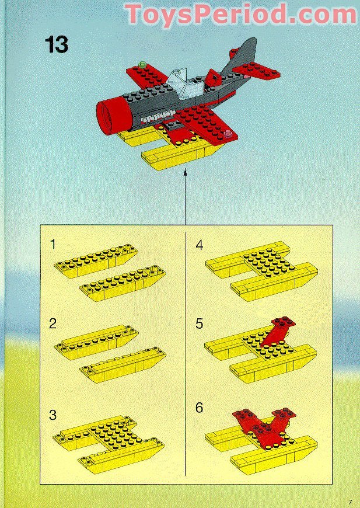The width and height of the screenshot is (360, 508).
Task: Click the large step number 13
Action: click(57, 44)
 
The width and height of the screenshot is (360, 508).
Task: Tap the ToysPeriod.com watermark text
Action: click(241, 15)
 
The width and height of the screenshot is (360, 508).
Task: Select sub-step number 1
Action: click(53, 244)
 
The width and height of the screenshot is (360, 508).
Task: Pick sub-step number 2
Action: click(53, 323)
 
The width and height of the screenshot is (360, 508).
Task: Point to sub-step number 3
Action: click(53, 415)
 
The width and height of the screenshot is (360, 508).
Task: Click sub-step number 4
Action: click(200, 245)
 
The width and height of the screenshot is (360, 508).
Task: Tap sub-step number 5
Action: click(200, 323)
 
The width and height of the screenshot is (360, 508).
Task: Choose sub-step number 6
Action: click(200, 408)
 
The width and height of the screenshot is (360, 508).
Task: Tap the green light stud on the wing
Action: click(141, 64)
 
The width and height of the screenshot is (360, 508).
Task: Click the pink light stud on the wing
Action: click(229, 133)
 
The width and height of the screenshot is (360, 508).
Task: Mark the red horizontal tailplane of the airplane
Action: click(256, 70)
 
